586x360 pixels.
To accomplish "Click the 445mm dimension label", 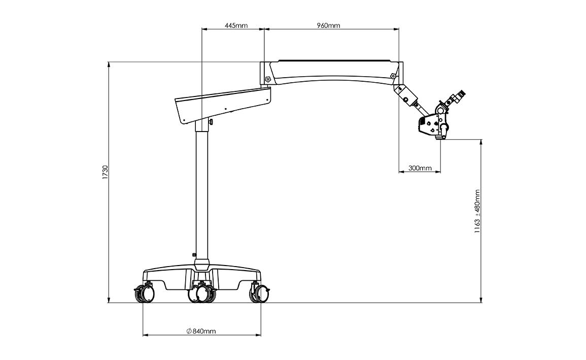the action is coord(236,25).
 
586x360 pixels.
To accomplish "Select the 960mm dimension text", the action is coord(328,25).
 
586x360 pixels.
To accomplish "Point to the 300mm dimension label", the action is coord(420,168).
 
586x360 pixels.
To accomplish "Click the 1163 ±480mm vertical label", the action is coord(477,211).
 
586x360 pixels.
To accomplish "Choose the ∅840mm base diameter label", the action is coord(201,331).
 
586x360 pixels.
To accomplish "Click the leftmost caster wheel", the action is coord(144,293).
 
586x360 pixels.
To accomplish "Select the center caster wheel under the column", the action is coord(202,293).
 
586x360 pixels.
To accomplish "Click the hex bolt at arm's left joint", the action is coord(268,80).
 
